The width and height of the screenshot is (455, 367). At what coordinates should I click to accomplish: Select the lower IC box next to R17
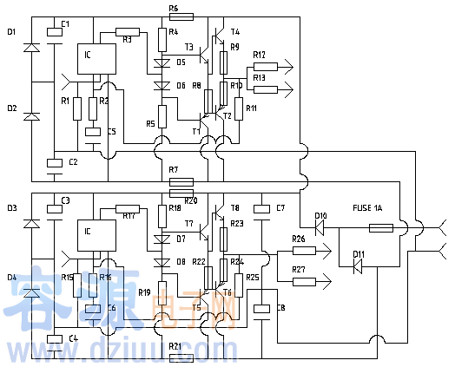pos(97,233)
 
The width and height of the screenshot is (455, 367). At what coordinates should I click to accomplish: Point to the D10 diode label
pos(320,215)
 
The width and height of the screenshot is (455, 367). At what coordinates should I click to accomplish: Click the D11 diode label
pos(358,254)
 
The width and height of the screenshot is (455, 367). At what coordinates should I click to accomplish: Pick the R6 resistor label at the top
pos(174,8)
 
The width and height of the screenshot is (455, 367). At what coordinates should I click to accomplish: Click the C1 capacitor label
pos(66,22)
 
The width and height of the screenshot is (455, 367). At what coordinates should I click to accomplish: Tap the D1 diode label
pos(10,31)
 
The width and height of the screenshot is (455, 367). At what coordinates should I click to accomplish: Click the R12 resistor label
pos(259,55)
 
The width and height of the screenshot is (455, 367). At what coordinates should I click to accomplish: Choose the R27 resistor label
pos(299,270)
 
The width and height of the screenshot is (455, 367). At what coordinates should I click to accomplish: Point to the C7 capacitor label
pos(280,208)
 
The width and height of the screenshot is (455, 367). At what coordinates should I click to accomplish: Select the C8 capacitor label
pos(280,308)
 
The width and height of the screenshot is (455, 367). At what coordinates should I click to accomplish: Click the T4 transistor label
pos(235,31)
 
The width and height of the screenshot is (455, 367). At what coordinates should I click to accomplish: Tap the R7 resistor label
pos(174,169)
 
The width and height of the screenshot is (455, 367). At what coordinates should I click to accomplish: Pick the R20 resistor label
pos(191,200)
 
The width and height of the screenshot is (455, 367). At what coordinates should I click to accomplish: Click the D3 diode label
pos(10,208)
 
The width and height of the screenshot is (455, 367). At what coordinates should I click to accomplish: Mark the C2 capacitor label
pos(73,162)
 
